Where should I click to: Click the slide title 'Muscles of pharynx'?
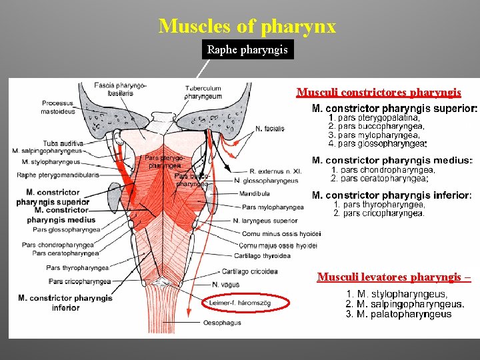click(x=247, y=27)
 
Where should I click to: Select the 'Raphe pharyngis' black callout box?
click(x=247, y=50)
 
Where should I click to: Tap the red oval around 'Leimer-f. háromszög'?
click(x=247, y=303)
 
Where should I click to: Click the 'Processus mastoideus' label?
click(x=57, y=107)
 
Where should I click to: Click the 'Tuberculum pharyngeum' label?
click(x=203, y=92)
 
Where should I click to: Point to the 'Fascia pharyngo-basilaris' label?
click(x=121, y=89)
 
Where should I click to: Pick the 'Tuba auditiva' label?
click(x=63, y=143)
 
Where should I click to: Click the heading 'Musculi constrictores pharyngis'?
click(x=378, y=92)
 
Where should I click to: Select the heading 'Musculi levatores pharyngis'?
click(x=394, y=277)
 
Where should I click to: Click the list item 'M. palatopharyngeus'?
click(x=399, y=314)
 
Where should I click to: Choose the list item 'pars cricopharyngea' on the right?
click(x=379, y=213)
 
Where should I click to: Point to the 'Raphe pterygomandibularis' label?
click(x=59, y=175)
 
